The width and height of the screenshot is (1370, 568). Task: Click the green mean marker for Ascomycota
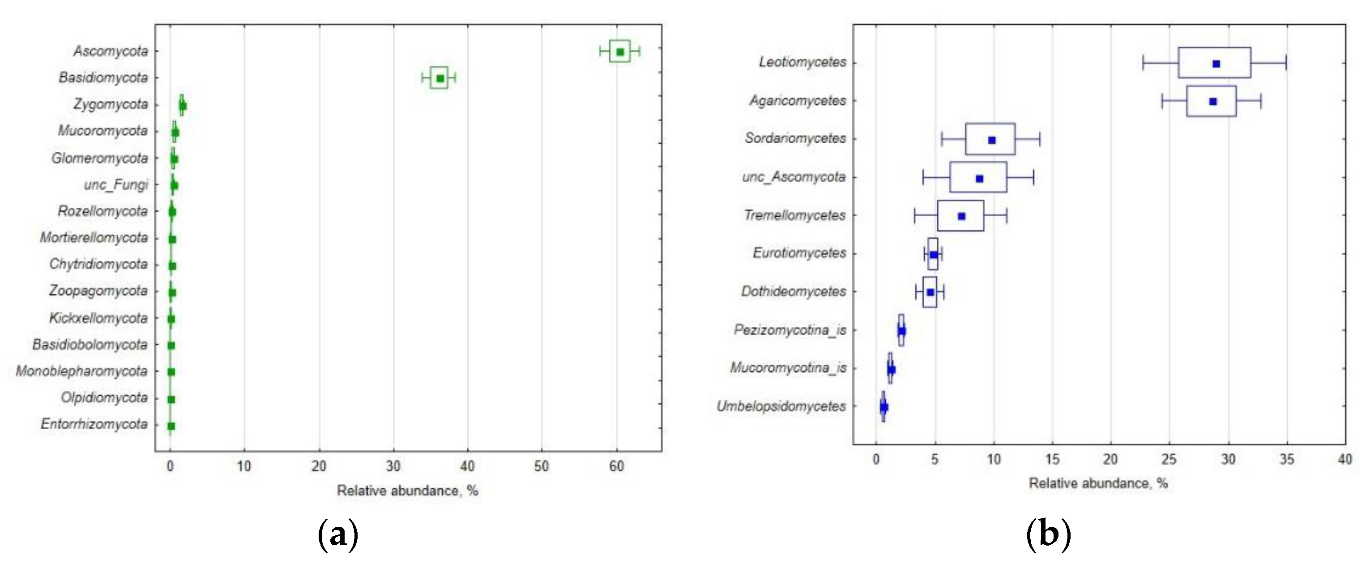pos(619,51)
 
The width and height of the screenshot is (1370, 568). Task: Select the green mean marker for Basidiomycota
pos(440,78)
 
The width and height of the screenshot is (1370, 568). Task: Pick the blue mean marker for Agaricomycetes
pos(1212,101)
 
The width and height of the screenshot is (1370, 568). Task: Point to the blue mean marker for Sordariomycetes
pos(991,140)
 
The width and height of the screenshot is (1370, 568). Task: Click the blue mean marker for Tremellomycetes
pos(961,216)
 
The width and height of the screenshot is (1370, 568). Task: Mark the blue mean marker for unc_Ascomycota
pos(979,178)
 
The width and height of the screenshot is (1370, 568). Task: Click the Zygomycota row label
pos(111,104)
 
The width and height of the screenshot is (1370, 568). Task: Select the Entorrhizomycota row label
pos(94,424)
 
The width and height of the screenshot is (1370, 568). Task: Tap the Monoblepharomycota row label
pos(81,371)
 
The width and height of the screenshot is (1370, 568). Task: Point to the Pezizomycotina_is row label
pos(790,330)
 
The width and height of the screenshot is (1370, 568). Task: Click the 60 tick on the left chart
pos(616,466)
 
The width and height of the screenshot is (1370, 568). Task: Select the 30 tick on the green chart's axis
pos(393,466)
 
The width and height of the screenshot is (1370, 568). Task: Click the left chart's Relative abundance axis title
pos(407,491)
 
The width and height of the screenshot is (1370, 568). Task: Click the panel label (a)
pos(338,534)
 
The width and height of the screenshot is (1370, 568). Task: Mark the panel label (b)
pos(1048,534)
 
